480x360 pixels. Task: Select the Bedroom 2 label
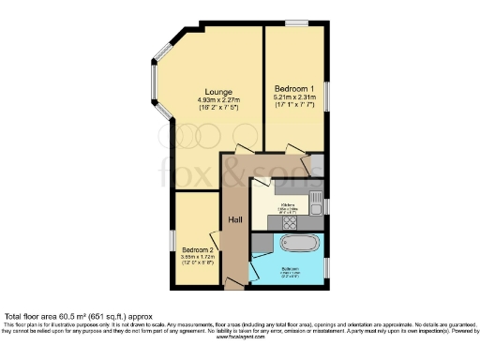[x=198, y=249]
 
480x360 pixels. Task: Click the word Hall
[x=236, y=220]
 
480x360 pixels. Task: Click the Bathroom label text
[x=291, y=268]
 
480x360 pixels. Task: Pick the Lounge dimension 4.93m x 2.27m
[x=207, y=100]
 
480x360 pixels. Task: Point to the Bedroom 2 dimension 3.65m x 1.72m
[x=198, y=257]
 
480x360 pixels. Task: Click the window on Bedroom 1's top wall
[x=299, y=22]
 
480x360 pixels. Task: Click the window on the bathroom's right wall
[x=326, y=266]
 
